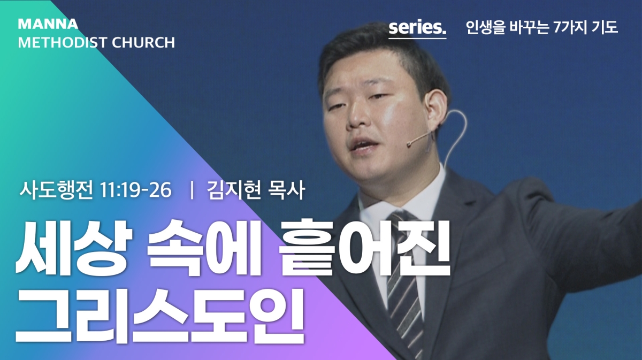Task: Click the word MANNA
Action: (48, 24)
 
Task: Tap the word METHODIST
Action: (63, 42)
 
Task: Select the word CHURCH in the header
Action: (143, 42)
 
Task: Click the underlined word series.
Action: (418, 28)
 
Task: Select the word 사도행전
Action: (56, 190)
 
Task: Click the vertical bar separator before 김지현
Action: (192, 190)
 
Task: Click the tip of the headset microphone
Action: (409, 144)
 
